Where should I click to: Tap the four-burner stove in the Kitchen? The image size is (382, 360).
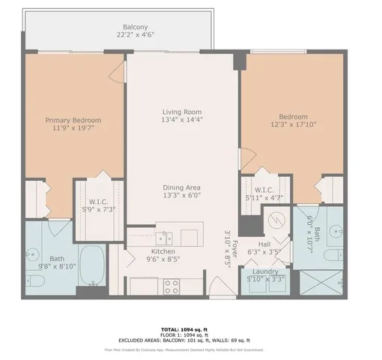(172, 285)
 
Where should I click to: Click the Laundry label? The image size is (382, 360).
(265, 271)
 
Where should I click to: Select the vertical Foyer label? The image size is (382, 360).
(234, 241)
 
